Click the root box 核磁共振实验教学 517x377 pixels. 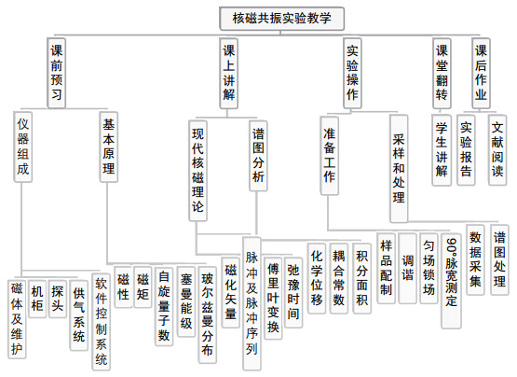pos(282,19)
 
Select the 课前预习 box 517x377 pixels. pos(57,73)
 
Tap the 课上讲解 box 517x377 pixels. pos(229,73)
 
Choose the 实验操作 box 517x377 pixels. pos(352,73)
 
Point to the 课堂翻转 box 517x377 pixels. pos(442,73)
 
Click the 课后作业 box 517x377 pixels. pos(481,73)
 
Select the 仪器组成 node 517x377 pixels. pos(23,147)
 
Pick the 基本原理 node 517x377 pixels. pos(108,147)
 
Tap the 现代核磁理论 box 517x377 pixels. pos(197,171)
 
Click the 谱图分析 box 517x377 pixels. pos(258,156)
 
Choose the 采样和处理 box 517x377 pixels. pos(399,169)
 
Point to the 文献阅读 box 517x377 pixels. pos(497,149)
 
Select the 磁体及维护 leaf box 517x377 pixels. pos(17,319)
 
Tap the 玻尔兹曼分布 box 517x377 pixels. pos(208,314)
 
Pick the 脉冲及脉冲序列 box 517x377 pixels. pos(252,303)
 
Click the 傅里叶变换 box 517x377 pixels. pos(273,299)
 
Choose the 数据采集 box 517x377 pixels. pos(475,259)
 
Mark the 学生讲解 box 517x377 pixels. pos(442,149)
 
